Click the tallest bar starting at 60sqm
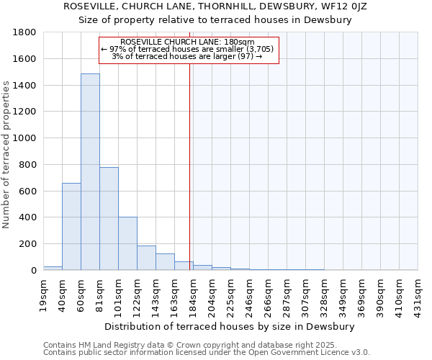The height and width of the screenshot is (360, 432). [x=90, y=173]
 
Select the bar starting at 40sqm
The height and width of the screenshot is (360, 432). [x=71, y=227]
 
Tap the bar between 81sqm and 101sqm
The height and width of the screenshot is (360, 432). [x=109, y=219]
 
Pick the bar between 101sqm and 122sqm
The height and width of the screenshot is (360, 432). [x=127, y=243]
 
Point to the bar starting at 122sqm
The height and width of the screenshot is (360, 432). [x=146, y=258]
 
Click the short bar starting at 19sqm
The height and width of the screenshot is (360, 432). [x=53, y=268]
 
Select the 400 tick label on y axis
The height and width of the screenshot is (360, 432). [x=28, y=217]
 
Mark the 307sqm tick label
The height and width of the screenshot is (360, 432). [x=306, y=295]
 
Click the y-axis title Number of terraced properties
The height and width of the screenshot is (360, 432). [x=6, y=155]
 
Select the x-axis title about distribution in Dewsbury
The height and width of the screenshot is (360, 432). [x=230, y=326]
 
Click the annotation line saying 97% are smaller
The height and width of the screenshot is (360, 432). [x=188, y=49]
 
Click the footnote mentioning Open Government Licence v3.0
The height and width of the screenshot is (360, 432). [x=207, y=352]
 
